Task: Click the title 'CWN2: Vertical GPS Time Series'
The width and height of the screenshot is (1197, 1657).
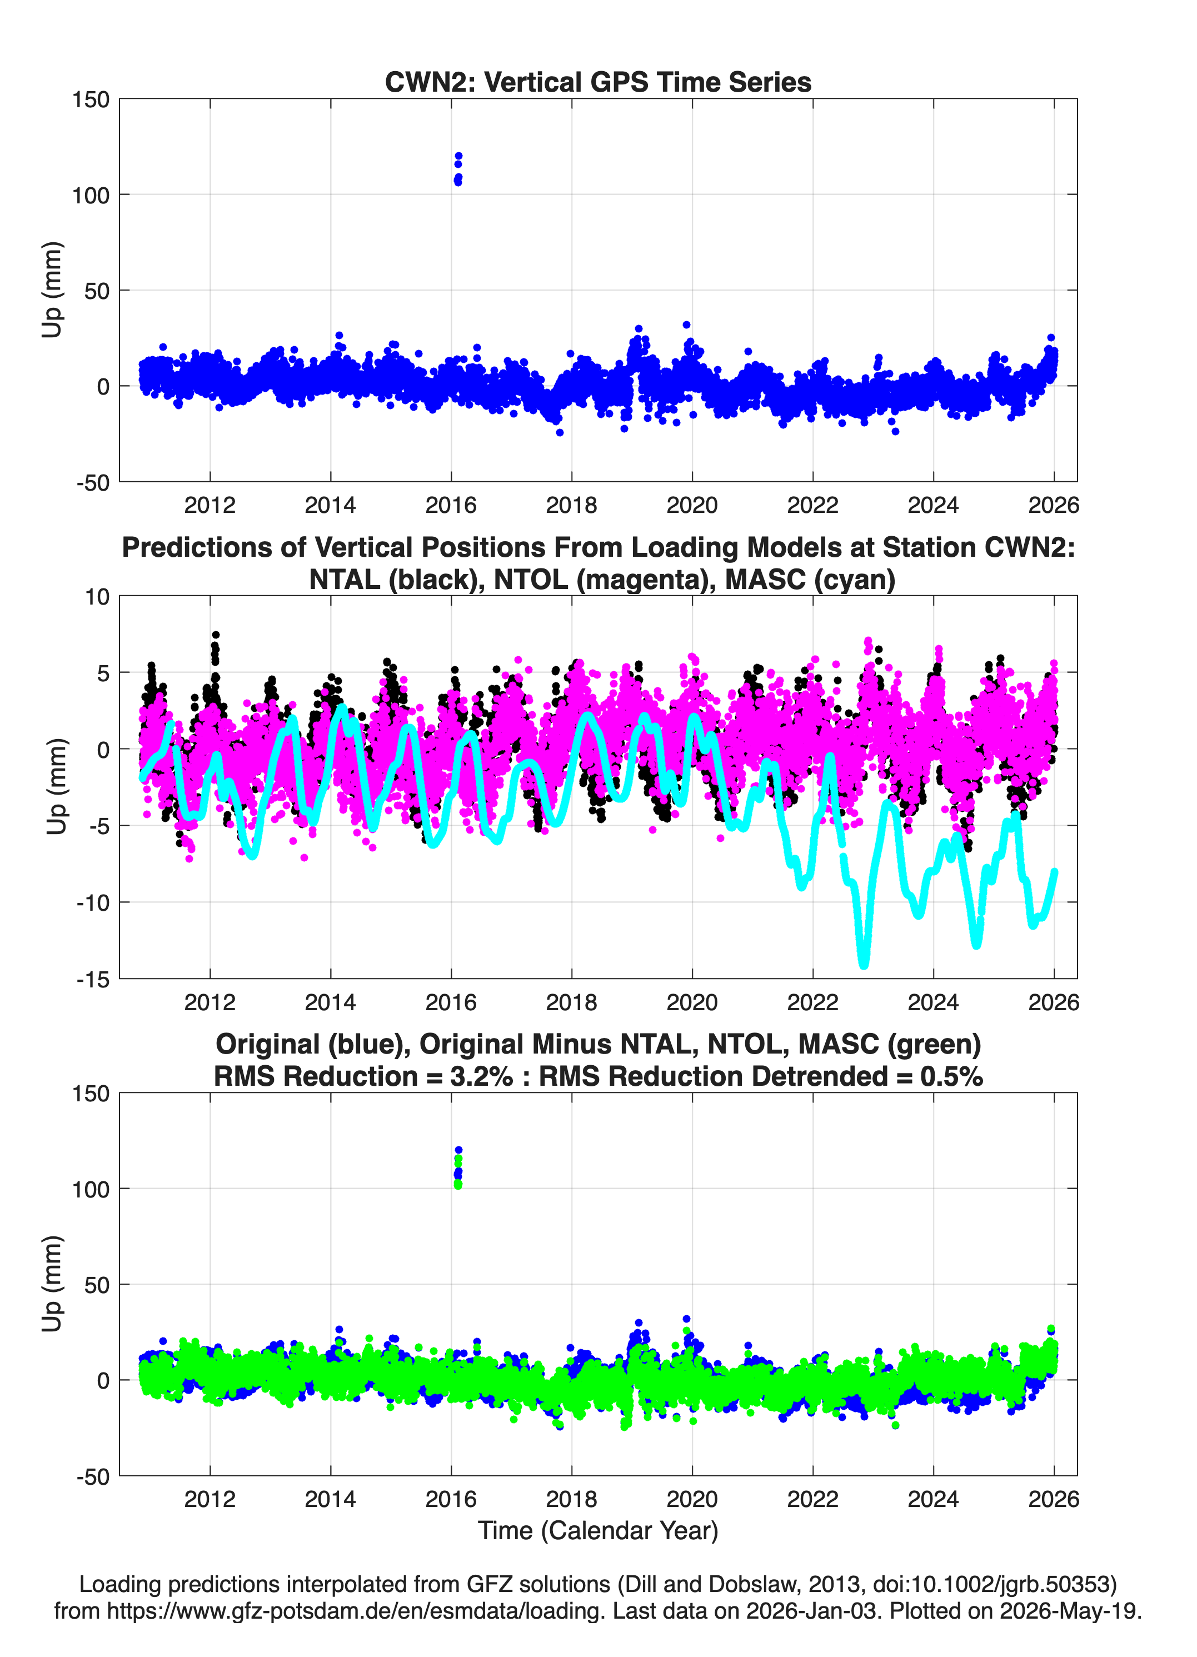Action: [x=598, y=82]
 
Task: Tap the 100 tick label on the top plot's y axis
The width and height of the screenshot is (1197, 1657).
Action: [x=91, y=195]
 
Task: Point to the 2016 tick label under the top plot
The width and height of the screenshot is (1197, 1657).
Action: [x=451, y=505]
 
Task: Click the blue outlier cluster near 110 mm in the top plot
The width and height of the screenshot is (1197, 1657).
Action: [x=458, y=169]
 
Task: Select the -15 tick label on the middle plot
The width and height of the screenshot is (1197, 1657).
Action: [x=93, y=980]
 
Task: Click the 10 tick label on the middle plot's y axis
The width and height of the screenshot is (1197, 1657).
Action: [x=97, y=597]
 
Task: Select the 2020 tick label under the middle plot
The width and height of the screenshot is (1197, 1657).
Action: [x=692, y=1002]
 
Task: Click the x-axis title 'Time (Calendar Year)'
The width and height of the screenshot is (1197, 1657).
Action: [x=598, y=1530]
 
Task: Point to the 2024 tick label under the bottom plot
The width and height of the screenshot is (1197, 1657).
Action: [x=933, y=1499]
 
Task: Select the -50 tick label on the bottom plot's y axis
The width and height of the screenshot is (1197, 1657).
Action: [x=93, y=1476]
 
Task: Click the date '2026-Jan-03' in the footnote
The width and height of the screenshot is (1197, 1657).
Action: [x=811, y=1611]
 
